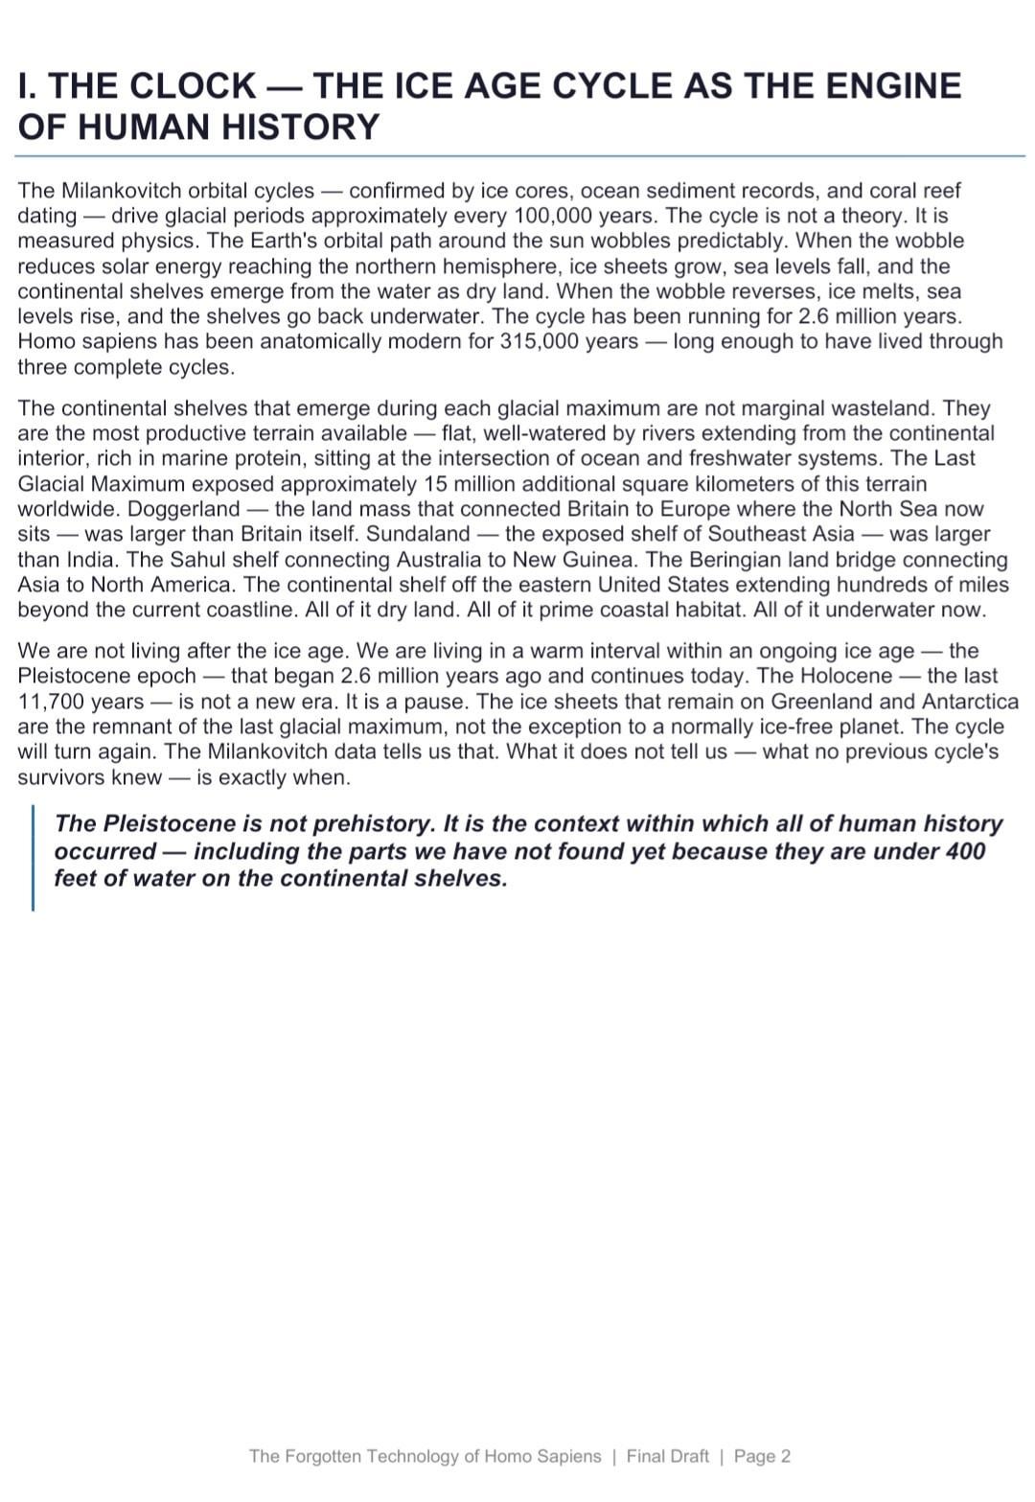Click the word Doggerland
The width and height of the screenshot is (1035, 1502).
click(184, 509)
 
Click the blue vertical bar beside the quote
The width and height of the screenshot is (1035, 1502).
click(34, 858)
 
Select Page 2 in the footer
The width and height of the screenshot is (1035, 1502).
click(762, 1456)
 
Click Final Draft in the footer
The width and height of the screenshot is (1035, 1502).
click(667, 1456)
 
